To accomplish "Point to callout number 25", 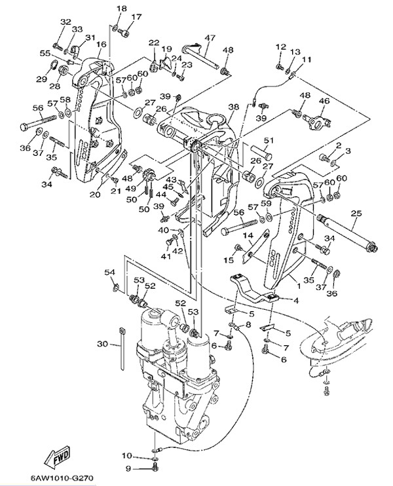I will pos(356,213).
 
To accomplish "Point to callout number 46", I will pos(324,101).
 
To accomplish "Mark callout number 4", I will pos(295,301).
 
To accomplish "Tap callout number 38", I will pos(233,107).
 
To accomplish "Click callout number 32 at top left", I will pos(65,22).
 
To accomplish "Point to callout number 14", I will pos(249,235).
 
